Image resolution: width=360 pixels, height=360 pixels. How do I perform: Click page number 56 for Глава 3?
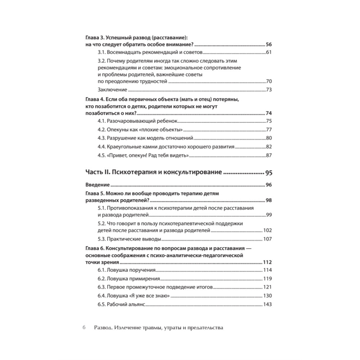click(269, 45)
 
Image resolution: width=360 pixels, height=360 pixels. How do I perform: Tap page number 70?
click(269, 81)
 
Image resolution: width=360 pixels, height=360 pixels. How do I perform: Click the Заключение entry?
click(112, 90)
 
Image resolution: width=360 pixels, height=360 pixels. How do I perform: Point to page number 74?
click(269, 113)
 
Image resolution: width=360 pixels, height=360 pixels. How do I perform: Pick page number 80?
click(269, 138)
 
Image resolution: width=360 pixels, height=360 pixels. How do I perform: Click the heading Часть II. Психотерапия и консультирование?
click(153, 173)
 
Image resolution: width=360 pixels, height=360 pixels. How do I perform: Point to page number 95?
click(269, 173)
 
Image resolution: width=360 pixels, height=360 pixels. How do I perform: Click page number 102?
click(267, 231)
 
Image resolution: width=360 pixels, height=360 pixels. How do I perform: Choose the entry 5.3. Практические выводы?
click(129, 239)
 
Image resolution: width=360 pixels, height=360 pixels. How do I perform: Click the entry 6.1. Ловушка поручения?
click(126, 270)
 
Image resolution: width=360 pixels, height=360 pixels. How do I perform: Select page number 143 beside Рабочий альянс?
click(267, 305)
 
